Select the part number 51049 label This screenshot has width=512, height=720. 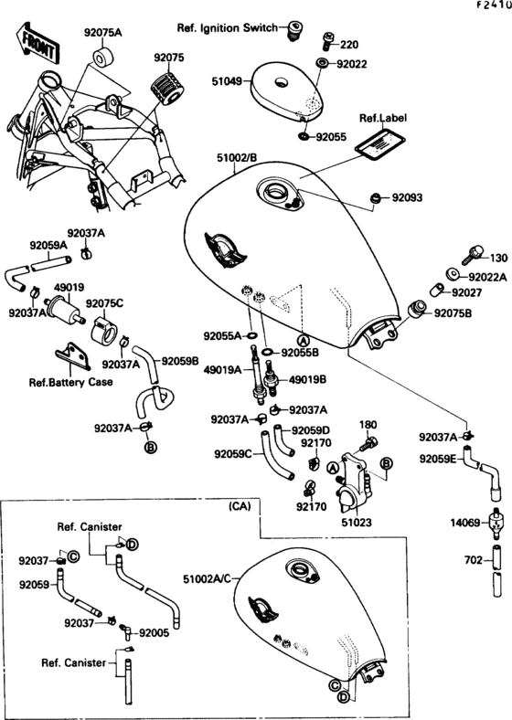tap(229, 81)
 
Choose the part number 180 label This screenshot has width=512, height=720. tap(368, 425)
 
